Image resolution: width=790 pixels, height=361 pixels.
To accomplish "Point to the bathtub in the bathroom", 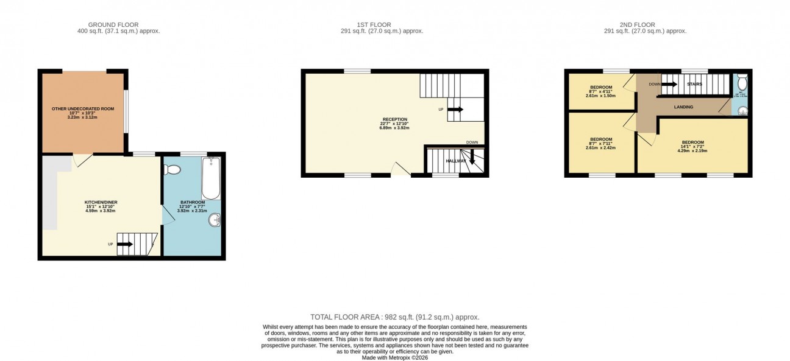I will click(211, 178).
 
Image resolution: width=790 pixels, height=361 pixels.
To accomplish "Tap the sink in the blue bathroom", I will click(215, 220).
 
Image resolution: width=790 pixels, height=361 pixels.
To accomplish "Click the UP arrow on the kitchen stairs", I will click(125, 244).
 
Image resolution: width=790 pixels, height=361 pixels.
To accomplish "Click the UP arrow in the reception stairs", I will click(455, 110).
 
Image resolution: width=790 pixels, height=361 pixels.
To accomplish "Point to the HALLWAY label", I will click(456, 161).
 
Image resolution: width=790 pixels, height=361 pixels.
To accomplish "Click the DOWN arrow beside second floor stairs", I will click(669, 85).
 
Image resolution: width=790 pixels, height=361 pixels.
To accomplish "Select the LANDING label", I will click(683, 107).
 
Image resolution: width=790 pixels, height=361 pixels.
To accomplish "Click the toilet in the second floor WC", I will click(741, 82).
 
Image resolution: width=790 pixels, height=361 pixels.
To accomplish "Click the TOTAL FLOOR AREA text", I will click(394, 317).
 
